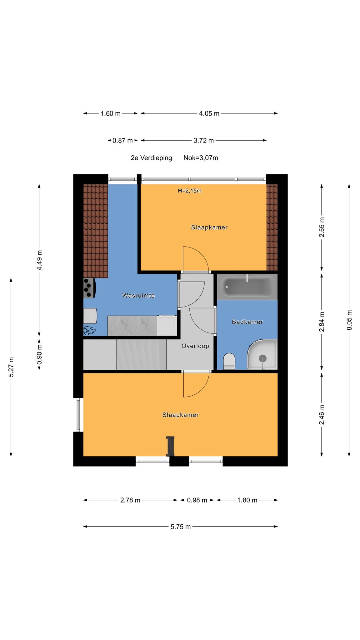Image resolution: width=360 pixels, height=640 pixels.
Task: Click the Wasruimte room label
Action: click(138, 295)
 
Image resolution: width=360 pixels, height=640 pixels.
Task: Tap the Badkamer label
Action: click(247, 322)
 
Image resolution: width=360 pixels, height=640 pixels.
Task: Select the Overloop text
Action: click(195, 346)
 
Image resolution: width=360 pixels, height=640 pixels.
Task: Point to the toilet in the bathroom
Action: click(229, 362)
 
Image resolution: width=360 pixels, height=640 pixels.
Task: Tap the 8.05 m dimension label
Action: click(349, 320)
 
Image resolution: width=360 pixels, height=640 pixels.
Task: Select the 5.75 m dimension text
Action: click(181, 527)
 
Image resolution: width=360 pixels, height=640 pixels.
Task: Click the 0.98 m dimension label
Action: click(197, 500)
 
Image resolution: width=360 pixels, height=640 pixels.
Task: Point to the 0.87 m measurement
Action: click(123, 141)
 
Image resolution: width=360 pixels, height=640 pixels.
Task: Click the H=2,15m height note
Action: click(190, 191)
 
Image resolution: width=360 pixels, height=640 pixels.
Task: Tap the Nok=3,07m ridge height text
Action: click(201, 158)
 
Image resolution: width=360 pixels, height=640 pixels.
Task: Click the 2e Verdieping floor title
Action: click(151, 158)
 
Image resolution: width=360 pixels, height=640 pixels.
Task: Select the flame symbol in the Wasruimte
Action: click(89, 330)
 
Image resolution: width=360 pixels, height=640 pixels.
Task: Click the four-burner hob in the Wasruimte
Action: click(89, 288)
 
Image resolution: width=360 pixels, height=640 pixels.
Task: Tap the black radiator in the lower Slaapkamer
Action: click(170, 446)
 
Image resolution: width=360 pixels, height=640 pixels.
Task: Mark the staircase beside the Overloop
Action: click(141, 355)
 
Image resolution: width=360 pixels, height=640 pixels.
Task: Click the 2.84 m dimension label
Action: click(322, 322)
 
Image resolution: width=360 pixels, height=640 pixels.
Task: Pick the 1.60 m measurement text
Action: click(110, 113)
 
